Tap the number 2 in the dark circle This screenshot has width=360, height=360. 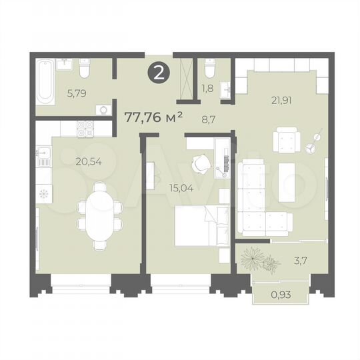pyautogui.click(x=159, y=73)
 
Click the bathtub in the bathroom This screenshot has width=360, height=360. pyautogui.click(x=45, y=83)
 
